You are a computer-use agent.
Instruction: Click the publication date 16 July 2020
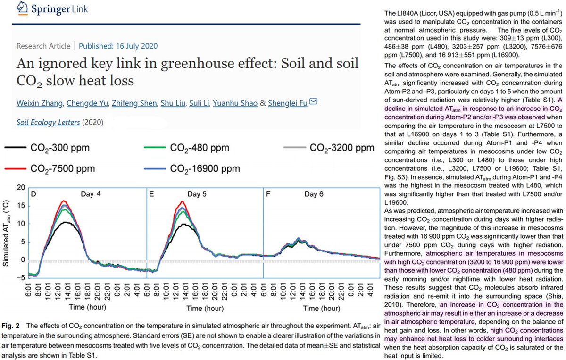118,46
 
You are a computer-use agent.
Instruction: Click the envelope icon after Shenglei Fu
313,101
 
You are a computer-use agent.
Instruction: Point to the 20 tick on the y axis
20,187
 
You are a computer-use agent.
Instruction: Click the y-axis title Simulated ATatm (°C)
7,232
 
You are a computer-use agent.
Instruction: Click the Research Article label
43,46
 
